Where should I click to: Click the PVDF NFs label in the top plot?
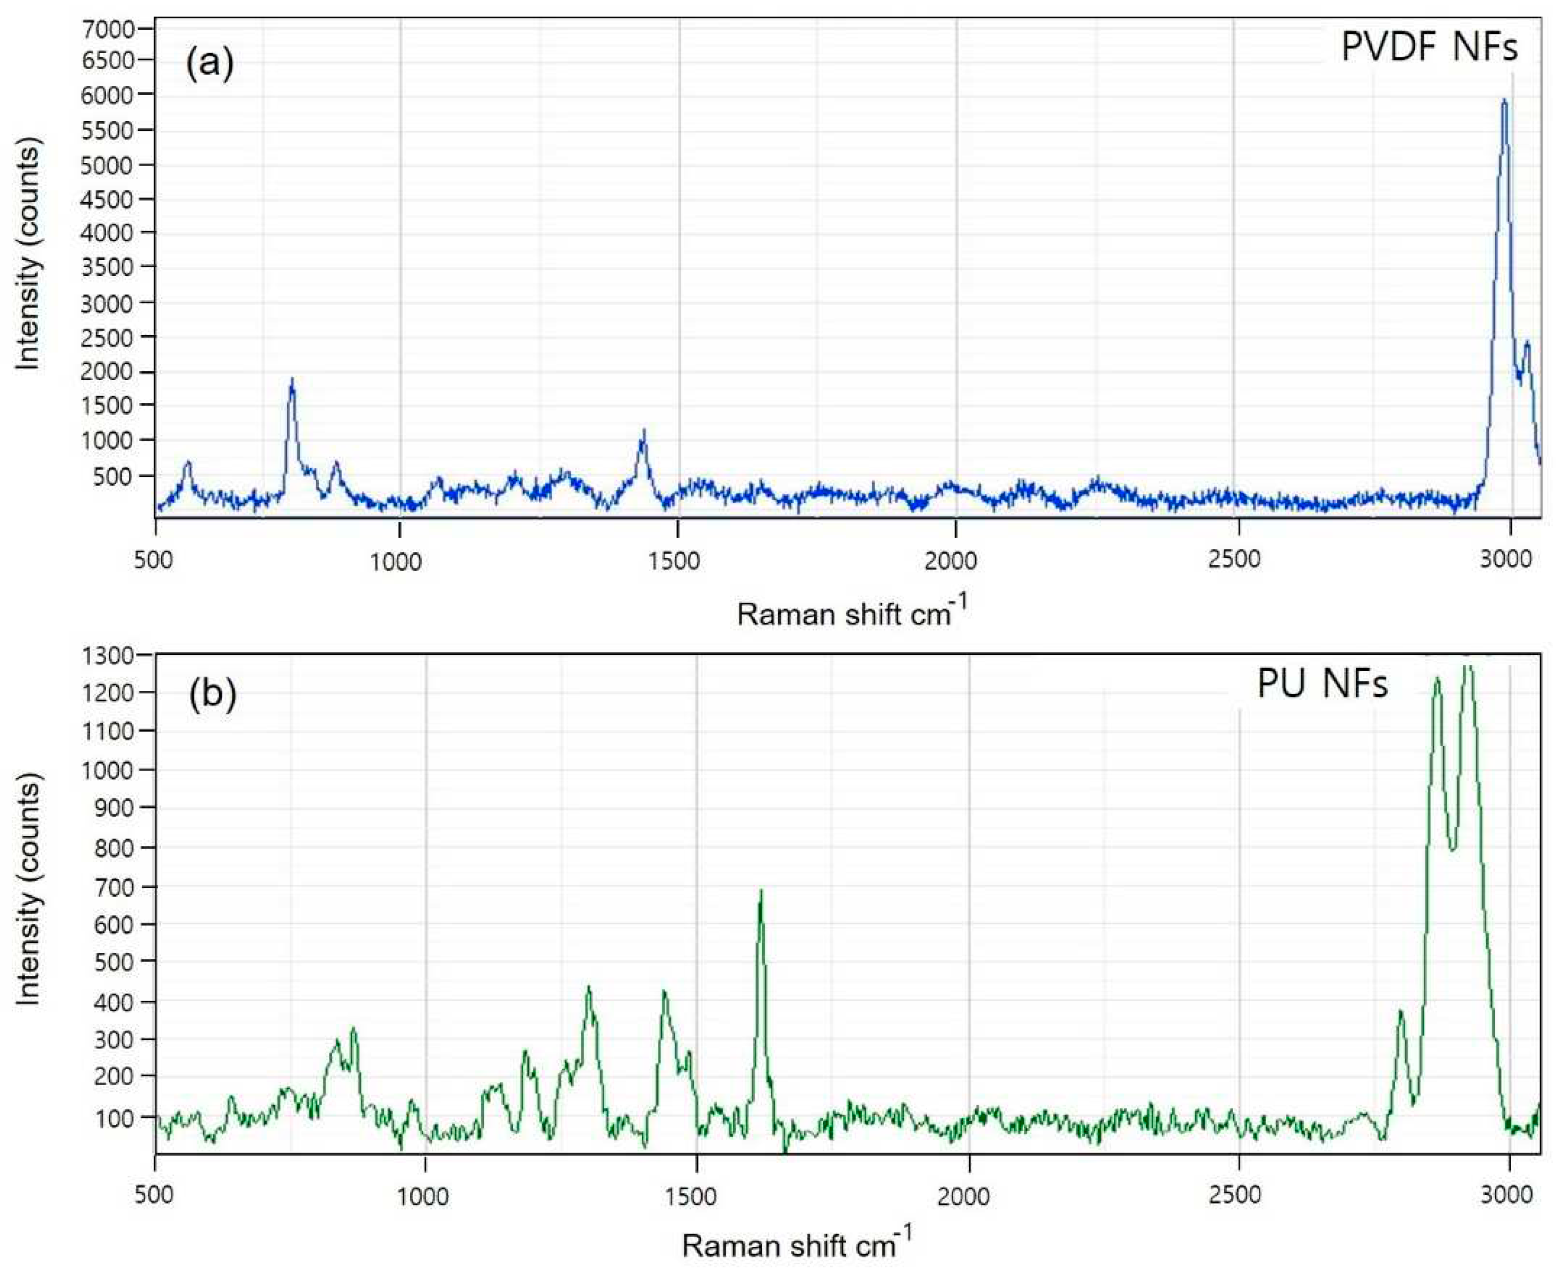pos(1429,48)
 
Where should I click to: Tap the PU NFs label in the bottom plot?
pos(1322,684)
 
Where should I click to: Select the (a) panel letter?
pos(210,63)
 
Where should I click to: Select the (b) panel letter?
pos(213,694)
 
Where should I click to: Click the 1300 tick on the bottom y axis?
pos(110,654)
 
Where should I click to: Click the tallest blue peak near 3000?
pos(1504,101)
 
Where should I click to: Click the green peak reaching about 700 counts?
pos(761,893)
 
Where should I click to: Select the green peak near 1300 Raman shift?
pos(588,990)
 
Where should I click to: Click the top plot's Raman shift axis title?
pos(851,613)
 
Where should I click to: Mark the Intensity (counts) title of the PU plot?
pos(28,893)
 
